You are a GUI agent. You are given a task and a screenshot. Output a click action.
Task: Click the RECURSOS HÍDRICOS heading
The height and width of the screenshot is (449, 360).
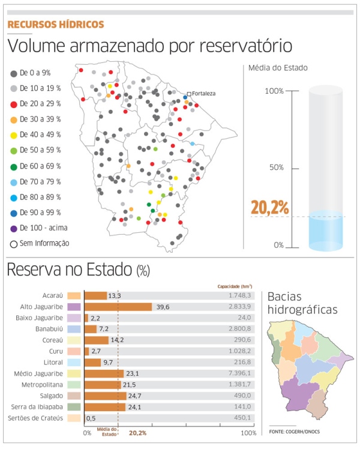point(55,25)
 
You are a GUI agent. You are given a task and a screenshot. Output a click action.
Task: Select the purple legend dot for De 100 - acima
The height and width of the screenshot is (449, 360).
point(13,228)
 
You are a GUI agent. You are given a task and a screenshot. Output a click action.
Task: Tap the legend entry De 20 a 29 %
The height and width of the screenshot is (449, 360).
point(40,104)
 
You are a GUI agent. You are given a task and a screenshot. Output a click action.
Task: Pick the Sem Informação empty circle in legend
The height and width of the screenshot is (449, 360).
point(13,244)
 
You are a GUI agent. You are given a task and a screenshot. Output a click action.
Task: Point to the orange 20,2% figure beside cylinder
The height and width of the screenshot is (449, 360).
point(269,208)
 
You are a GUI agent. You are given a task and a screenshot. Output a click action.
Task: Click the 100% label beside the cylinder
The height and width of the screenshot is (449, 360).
point(274,91)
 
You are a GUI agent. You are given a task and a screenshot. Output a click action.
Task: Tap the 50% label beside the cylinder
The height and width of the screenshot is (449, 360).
point(276,167)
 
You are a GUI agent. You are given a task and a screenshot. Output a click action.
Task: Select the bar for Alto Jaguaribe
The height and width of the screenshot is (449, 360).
point(118,307)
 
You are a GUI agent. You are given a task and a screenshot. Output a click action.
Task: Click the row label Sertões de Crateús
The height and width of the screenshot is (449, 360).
point(43,418)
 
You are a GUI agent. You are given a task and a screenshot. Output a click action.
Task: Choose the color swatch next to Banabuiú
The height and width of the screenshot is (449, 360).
point(74,329)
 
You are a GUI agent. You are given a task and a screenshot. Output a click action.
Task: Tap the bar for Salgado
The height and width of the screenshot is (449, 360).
point(104,396)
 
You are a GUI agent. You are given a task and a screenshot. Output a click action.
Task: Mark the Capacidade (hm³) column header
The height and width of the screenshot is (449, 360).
point(235,287)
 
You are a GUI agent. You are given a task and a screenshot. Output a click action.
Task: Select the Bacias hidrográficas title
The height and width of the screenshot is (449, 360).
point(302,303)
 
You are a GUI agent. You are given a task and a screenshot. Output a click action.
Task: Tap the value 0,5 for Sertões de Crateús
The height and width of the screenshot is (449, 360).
point(91,418)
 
